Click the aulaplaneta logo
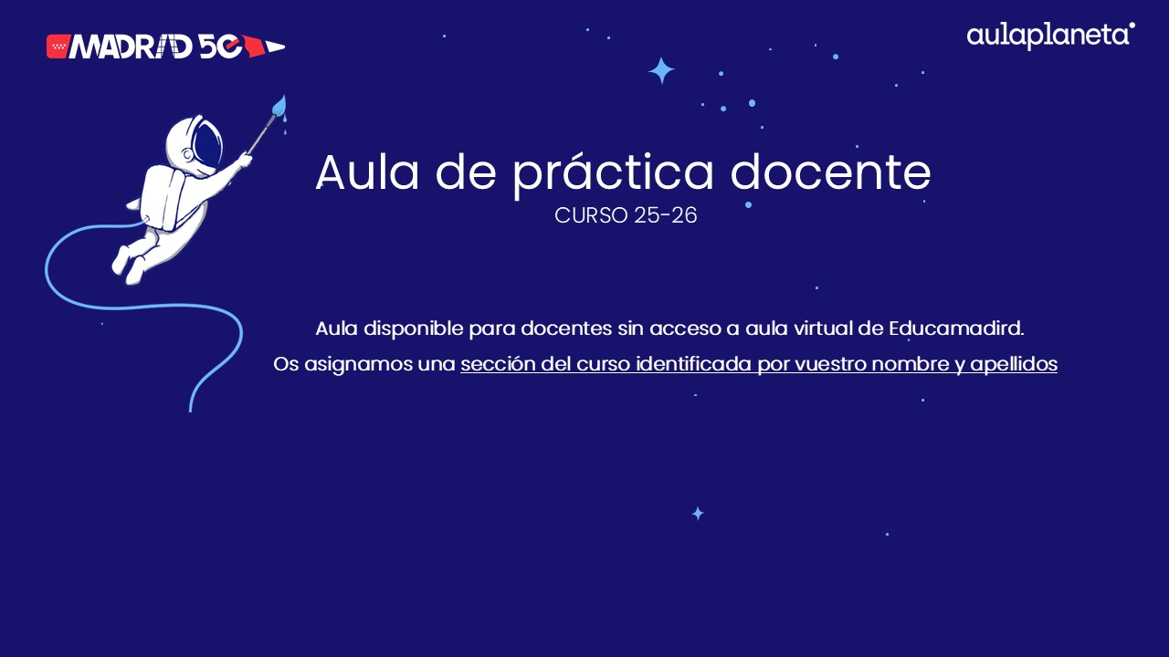1050,36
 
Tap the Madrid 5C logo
164,46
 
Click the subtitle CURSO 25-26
626,216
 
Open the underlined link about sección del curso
758,364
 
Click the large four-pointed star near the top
661,71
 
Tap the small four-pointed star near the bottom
698,514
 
